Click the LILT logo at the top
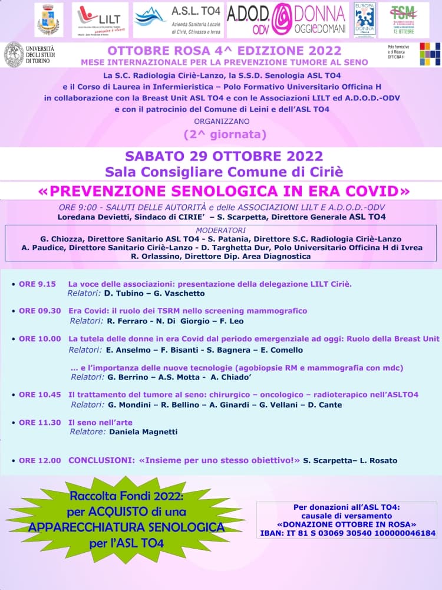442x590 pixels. [100, 19]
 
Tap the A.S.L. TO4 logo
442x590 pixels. [177, 19]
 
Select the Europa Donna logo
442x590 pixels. [365, 19]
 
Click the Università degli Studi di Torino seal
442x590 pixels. [14, 54]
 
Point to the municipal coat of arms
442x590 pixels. [50, 19]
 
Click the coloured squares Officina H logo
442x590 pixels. [429, 54]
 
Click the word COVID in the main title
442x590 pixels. [376, 191]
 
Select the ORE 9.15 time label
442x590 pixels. [37, 284]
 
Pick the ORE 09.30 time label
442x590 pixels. [39, 311]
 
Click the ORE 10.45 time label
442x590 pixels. [39, 395]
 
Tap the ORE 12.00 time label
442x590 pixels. [39, 460]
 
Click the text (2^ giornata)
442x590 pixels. [225, 135]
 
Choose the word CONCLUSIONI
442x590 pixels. [100, 460]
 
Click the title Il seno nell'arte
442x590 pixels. [100, 422]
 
